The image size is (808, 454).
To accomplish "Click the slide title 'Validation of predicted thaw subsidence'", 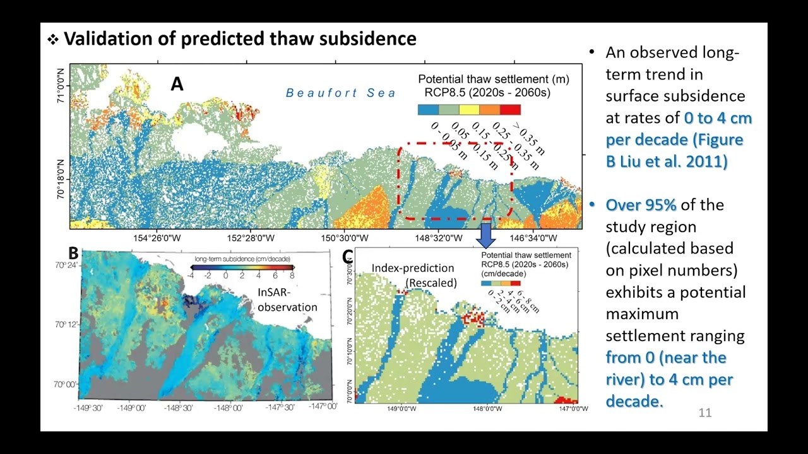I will point(240,39).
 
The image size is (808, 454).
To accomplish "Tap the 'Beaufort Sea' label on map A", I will point(341,93).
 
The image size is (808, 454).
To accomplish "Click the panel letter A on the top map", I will point(177,84).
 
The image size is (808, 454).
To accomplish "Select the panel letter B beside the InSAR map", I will point(73,253).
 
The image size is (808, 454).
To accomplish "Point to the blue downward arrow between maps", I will point(486,235).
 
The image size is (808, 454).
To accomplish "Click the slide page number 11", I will point(704,413).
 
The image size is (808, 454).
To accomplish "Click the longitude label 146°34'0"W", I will point(533,238).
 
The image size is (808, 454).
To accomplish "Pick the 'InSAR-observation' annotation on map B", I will point(287,300).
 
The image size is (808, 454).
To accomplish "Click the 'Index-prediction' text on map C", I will point(412,268).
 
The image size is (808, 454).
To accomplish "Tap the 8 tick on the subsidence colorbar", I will point(292,276).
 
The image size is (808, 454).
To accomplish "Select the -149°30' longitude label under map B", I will point(92,408).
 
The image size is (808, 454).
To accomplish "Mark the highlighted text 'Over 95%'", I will point(641,205).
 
